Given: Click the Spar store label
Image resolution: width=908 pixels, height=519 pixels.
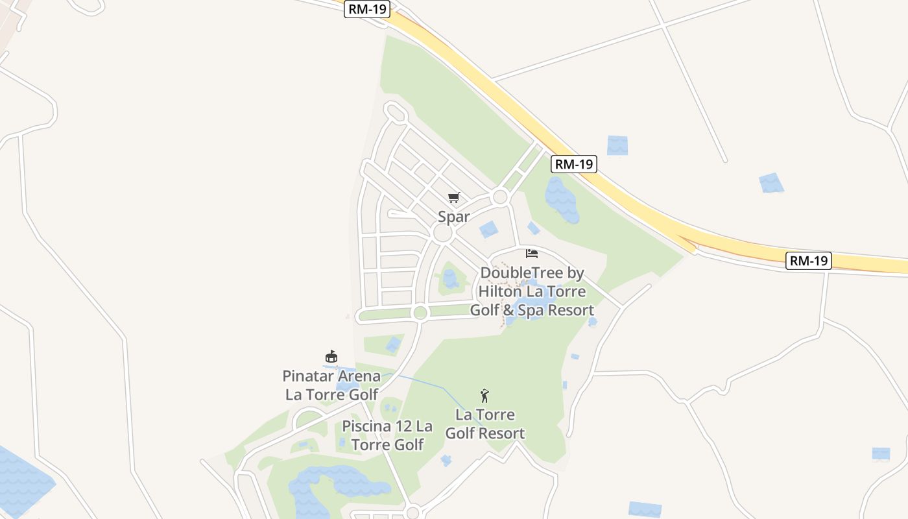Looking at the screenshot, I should pos(453,216).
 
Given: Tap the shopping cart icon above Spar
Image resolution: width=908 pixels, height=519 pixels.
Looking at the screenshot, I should pos(453,197).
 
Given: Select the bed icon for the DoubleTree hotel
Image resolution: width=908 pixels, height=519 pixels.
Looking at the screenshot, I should pos(532,254).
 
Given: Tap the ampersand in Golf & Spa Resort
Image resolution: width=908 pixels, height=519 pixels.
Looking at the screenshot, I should pos(508,310).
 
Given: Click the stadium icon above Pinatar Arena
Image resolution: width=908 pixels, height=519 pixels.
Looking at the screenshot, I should pos(331,357).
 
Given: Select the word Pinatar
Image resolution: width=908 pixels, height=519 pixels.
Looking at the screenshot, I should pos(309,376).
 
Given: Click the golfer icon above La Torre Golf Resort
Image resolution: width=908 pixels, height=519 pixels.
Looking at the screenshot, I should pos(484,396).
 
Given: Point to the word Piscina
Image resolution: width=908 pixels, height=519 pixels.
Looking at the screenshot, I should pos(366,426).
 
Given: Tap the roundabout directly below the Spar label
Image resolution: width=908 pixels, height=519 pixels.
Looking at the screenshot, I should pos(443,234).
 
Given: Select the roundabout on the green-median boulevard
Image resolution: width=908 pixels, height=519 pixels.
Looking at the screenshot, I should pos(420,313).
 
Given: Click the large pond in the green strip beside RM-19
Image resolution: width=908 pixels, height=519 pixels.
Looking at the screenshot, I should pos(561,199).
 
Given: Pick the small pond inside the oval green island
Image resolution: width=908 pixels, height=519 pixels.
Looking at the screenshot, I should pos(449,278).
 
